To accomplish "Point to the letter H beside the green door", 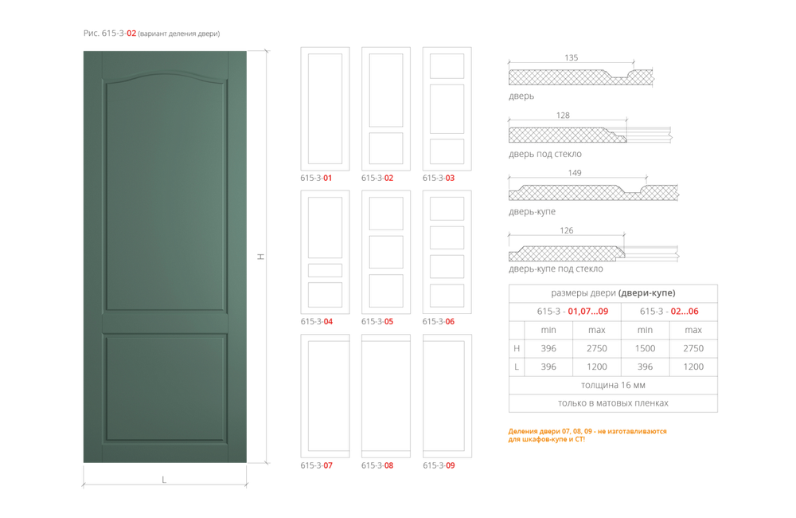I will click(x=259, y=257).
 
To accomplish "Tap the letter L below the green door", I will click(x=165, y=480).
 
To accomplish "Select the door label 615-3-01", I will click(x=315, y=179).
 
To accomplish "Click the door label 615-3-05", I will click(x=378, y=322).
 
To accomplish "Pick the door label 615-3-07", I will click(x=316, y=465).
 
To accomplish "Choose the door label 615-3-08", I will click(x=378, y=465).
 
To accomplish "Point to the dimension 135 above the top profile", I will click(x=571, y=57).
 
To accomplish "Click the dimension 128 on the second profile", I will click(x=563, y=116).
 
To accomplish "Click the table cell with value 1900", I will click(x=645, y=348).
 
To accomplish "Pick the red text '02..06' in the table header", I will click(x=684, y=311).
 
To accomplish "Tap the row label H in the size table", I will click(x=517, y=348).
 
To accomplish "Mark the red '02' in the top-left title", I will click(x=131, y=34).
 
